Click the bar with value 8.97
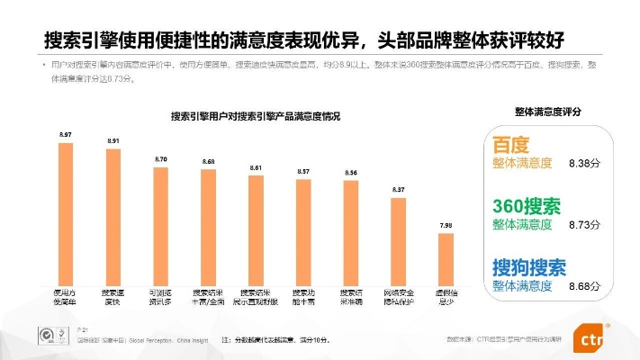tap(66, 213)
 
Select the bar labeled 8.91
tap(113, 216)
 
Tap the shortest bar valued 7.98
tap(445, 258)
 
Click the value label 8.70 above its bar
tap(161, 159)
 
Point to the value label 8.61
tap(256, 168)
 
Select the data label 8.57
tap(303, 171)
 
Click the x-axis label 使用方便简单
tap(66, 297)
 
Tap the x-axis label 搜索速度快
tap(113, 297)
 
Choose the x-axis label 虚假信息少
tap(445, 297)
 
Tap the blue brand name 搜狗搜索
tap(529, 266)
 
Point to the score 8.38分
tap(584, 164)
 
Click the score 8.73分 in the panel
tap(584, 224)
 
